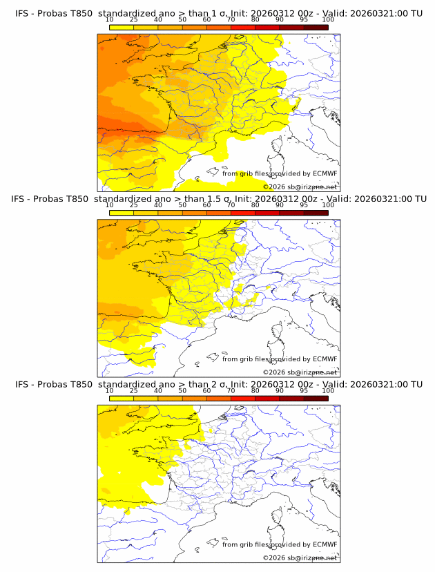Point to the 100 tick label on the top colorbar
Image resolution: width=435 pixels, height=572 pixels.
(328, 19)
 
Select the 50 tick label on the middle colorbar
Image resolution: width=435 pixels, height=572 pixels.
(182, 205)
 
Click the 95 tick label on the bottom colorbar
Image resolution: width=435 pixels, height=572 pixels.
(304, 390)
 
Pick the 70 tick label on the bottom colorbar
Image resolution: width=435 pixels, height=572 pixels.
(231, 390)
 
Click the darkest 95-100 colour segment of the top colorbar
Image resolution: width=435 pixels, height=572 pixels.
(316, 28)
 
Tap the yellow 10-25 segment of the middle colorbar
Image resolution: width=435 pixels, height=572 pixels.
(122, 213)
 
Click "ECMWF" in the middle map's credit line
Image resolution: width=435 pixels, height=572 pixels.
(325, 359)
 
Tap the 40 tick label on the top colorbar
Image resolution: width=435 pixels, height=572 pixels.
(158, 19)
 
